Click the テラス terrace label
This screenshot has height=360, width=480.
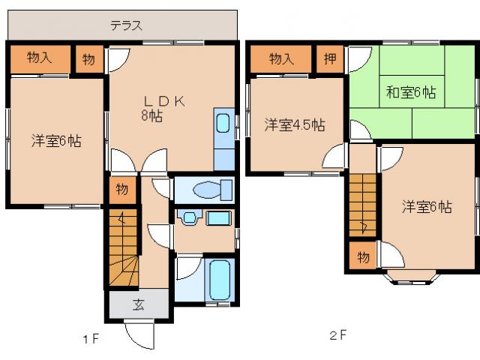[x=126, y=25]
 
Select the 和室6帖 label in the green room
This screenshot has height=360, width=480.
[x=411, y=93]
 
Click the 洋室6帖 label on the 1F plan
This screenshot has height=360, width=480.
[x=56, y=140]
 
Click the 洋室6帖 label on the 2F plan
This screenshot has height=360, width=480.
[x=426, y=207]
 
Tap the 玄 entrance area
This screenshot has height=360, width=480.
[x=139, y=304]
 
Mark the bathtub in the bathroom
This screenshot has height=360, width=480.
[x=221, y=280]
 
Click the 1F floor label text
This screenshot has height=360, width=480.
[x=91, y=339]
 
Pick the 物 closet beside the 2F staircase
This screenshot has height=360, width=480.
[x=362, y=257]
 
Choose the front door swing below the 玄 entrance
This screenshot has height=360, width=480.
[x=140, y=334]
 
